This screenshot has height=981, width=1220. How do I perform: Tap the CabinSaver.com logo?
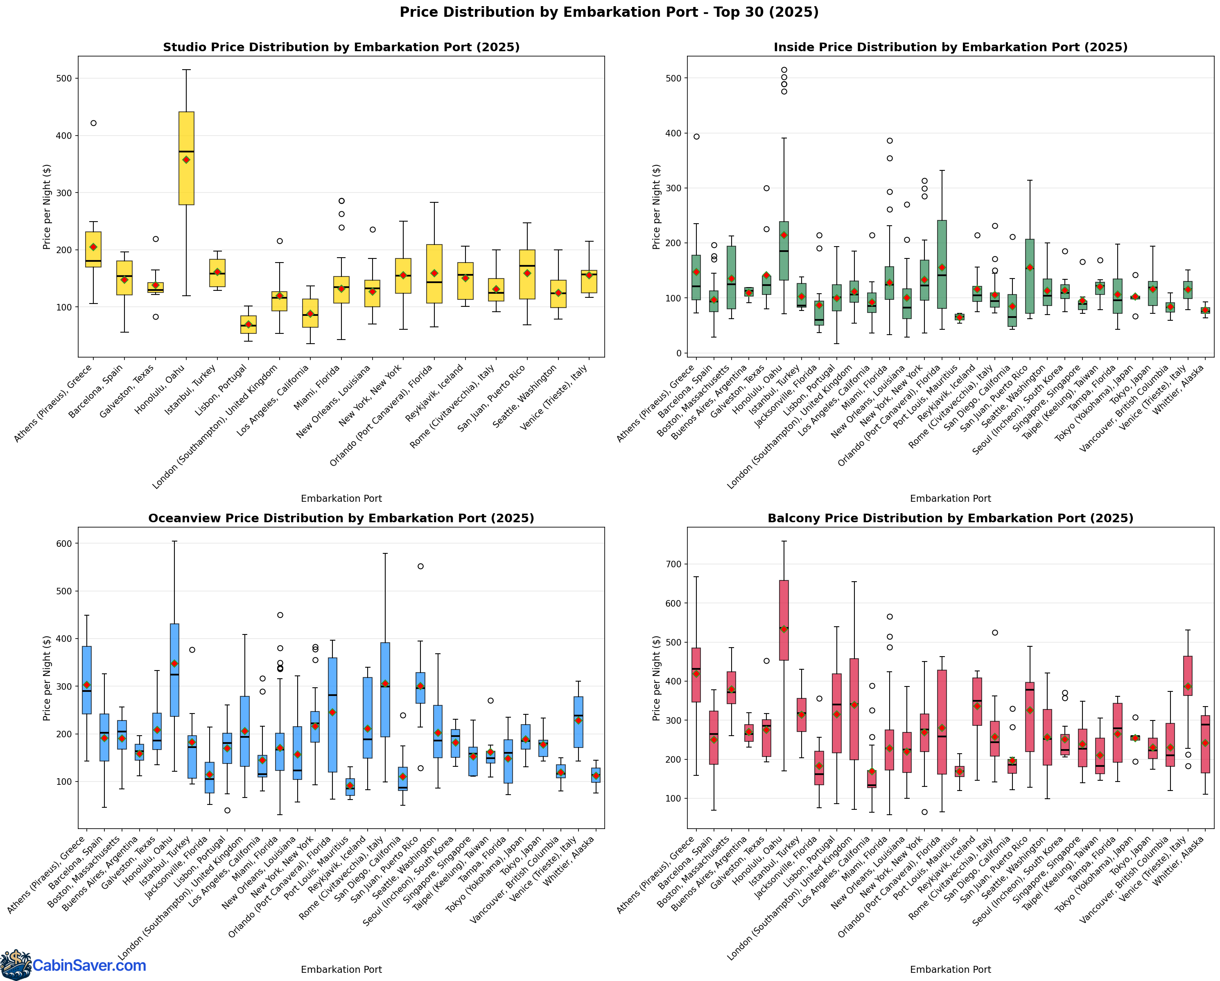click(74, 965)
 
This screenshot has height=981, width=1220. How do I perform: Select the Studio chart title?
click(341, 48)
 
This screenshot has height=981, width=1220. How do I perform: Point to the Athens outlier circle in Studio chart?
click(93, 123)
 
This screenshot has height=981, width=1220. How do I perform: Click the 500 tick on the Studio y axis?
click(65, 78)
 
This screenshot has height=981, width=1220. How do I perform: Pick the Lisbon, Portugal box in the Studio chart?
click(248, 324)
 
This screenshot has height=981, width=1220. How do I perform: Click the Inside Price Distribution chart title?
click(950, 48)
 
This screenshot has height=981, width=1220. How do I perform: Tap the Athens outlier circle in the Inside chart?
click(696, 136)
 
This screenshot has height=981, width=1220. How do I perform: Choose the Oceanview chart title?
click(341, 519)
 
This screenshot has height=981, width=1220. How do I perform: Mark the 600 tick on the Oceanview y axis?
click(65, 544)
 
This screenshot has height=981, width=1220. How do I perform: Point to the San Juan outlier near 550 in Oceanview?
click(420, 566)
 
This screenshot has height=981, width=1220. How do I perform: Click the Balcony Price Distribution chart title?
click(950, 519)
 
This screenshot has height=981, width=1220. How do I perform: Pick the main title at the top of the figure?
click(609, 12)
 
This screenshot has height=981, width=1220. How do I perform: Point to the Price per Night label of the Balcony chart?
click(656, 678)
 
